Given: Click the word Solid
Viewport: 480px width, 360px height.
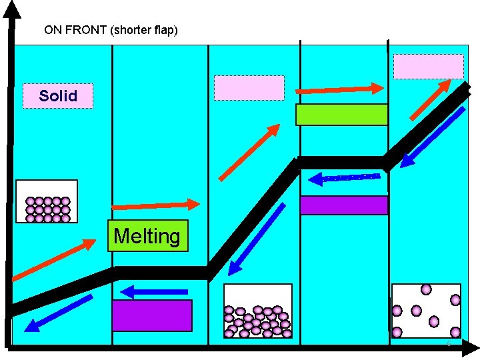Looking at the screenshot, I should pyautogui.click(x=58, y=96).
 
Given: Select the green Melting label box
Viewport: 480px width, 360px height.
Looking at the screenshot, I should pyautogui.click(x=147, y=236).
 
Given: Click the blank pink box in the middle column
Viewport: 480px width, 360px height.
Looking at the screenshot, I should pyautogui.click(x=249, y=88).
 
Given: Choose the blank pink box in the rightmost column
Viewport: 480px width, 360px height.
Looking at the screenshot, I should pyautogui.click(x=428, y=67).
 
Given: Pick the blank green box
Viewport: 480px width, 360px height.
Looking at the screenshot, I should pyautogui.click(x=341, y=115).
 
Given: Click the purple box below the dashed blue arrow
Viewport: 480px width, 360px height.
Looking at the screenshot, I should pyautogui.click(x=343, y=205).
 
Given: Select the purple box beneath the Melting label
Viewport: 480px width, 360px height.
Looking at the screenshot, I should pyautogui.click(x=152, y=315).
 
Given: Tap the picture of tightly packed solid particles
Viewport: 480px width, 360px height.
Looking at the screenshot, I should pyautogui.click(x=47, y=201).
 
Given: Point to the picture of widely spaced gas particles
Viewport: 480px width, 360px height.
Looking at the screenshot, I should pyautogui.click(x=426, y=311).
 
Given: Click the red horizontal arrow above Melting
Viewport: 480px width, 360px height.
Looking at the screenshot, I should pyautogui.click(x=155, y=205).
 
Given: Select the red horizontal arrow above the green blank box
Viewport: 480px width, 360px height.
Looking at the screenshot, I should pyautogui.click(x=339, y=89).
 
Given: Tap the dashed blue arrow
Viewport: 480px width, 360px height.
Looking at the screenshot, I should pyautogui.click(x=344, y=178).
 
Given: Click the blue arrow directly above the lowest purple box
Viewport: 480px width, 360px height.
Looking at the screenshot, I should pyautogui.click(x=154, y=291).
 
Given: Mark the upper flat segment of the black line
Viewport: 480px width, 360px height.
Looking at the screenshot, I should pyautogui.click(x=341, y=162).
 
